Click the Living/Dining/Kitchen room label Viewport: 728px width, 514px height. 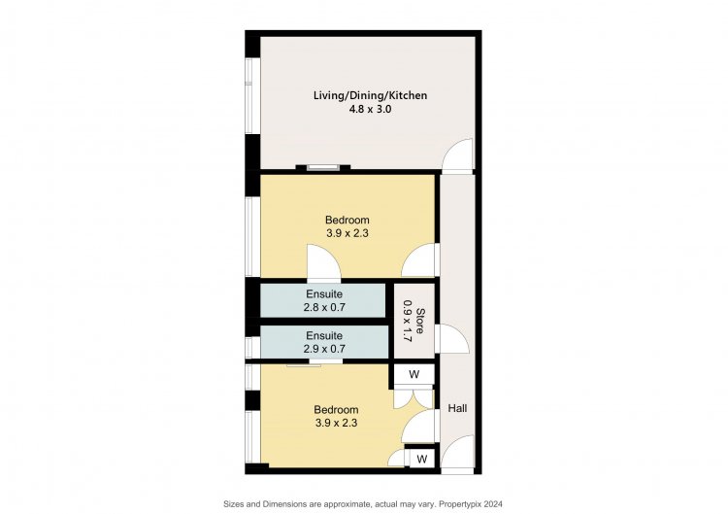370,96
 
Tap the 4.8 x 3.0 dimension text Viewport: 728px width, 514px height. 370,110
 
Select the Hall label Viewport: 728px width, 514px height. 457,408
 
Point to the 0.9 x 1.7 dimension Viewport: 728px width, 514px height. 407,322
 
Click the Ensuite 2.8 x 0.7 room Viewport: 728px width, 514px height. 323,300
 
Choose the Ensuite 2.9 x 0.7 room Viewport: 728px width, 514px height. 324,342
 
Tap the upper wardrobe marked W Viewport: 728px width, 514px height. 414,374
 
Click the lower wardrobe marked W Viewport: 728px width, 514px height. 421,460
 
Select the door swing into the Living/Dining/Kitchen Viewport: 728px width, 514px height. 457,155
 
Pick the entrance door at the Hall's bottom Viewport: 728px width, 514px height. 457,453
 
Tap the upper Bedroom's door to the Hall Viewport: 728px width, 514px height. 419,260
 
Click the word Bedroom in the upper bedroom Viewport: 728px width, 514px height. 347,220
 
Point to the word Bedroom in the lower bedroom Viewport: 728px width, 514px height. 336,409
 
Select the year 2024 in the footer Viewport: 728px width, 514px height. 494,503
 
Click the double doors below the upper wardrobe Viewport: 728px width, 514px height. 414,399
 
